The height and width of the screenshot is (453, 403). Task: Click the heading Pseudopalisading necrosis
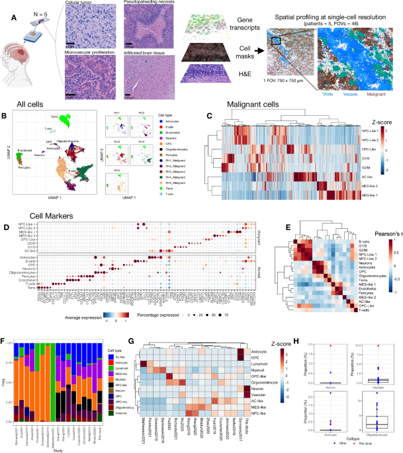click(152, 5)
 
